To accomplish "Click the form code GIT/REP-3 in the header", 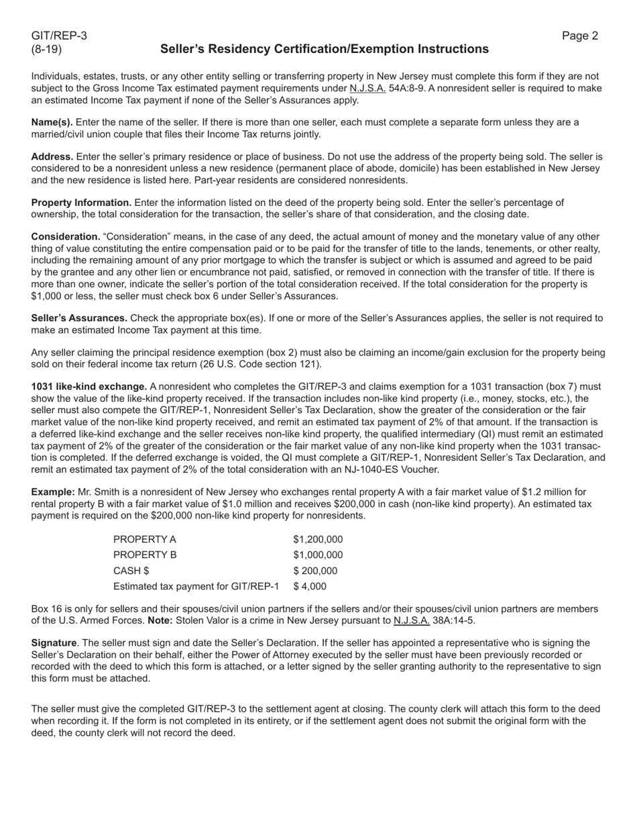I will (59, 36).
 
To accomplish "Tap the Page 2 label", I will (580, 36).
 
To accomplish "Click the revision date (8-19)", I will (46, 49).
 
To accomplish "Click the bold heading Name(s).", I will (52, 122).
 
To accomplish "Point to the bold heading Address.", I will (52, 156).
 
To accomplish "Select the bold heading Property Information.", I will (81, 203).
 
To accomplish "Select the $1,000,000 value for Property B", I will (318, 555).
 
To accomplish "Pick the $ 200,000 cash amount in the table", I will (315, 571).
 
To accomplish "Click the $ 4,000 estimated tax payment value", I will (310, 586).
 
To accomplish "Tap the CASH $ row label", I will (131, 571).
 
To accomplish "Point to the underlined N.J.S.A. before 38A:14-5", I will (412, 620).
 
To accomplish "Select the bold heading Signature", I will (54, 643).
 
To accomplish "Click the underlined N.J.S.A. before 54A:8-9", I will (367, 89).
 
